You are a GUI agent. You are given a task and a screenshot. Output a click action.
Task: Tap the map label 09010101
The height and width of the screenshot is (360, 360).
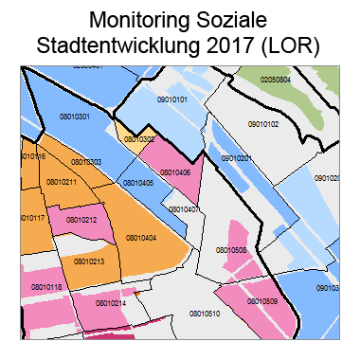coord(171,99)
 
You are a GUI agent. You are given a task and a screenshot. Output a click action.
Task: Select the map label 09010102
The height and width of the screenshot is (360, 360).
coord(263,124)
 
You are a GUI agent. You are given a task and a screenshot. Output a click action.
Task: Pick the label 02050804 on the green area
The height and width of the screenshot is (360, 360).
coord(276,80)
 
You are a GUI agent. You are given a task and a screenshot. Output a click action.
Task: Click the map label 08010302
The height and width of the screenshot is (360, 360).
coord(138,138)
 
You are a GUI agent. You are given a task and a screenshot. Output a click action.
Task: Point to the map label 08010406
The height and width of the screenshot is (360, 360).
coord(175,172)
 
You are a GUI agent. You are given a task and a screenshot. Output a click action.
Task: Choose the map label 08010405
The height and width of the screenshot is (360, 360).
coord(138,182)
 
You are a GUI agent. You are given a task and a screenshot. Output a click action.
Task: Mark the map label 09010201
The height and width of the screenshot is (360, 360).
coord(236,158)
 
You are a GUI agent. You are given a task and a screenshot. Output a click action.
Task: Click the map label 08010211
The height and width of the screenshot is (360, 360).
coord(62,182)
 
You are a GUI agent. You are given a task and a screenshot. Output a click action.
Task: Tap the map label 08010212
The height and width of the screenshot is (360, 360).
coord(82,219)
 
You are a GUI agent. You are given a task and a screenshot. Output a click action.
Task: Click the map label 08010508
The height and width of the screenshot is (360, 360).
coord(231,250)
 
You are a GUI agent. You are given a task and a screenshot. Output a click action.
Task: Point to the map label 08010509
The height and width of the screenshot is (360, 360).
coord(262,301)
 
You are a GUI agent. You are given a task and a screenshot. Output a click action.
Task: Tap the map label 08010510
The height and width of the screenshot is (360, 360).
coord(205,313)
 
